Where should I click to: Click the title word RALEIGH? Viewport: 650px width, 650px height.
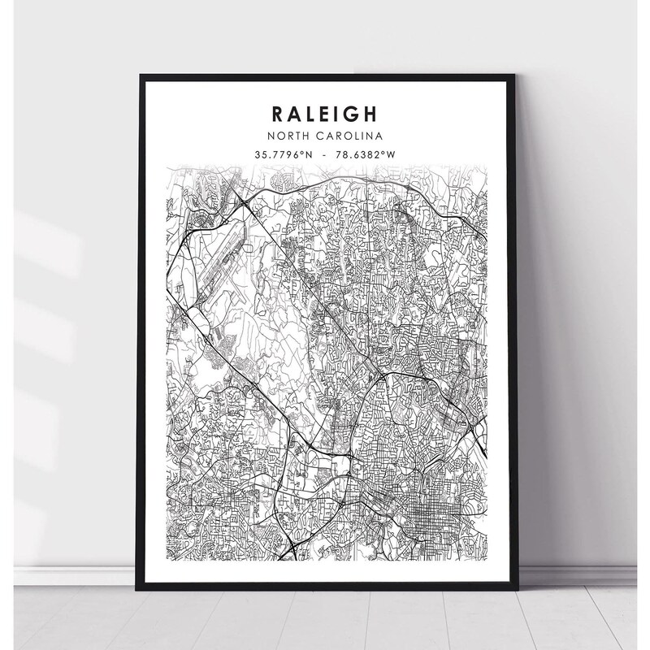[325, 111]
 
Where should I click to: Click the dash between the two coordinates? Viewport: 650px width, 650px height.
[325, 154]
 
